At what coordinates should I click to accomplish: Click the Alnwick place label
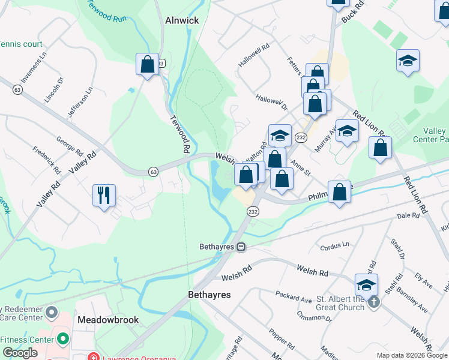pyautogui.click(x=182, y=20)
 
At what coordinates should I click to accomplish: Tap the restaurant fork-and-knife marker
pyautogui.click(x=103, y=195)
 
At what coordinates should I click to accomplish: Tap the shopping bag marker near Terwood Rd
pyautogui.click(x=147, y=64)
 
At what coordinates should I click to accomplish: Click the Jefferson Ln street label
pyautogui.click(x=80, y=103)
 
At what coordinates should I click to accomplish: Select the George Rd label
pyautogui.click(x=69, y=144)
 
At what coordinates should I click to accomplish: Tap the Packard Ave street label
pyautogui.click(x=294, y=296)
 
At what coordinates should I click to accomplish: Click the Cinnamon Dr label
pyautogui.click(x=314, y=313)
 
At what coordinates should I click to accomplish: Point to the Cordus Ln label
pyautogui.click(x=334, y=245)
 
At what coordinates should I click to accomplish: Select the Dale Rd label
pyautogui.click(x=407, y=216)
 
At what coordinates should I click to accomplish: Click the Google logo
pyautogui.click(x=20, y=353)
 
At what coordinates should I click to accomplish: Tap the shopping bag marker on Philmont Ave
pyautogui.click(x=340, y=192)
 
